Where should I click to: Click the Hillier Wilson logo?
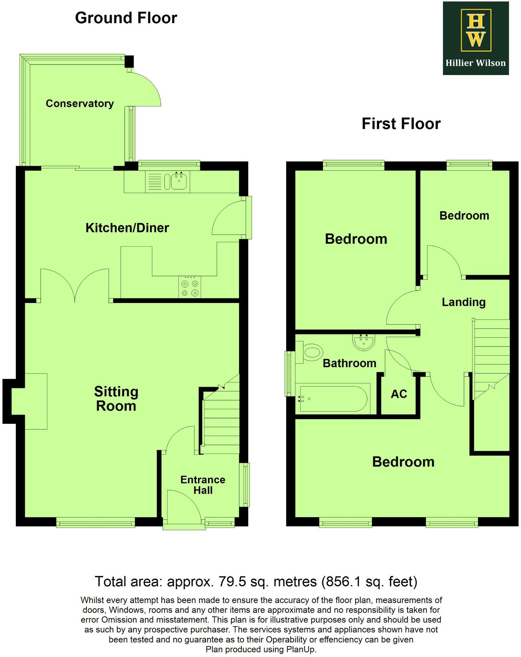[475, 38]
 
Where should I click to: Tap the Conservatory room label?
[80, 104]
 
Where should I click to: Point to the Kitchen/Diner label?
[127, 228]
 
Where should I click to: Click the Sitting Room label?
[116, 399]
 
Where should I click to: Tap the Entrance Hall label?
[203, 485]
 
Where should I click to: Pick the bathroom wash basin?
[364, 342]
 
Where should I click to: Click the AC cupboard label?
[399, 394]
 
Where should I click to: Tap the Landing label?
[463, 302]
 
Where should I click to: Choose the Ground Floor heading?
[126, 18]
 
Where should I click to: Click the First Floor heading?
[401, 124]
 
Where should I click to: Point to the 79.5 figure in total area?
[232, 581]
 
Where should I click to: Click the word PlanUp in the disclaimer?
[301, 649]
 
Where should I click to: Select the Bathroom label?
[349, 363]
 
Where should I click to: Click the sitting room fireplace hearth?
[36, 401]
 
